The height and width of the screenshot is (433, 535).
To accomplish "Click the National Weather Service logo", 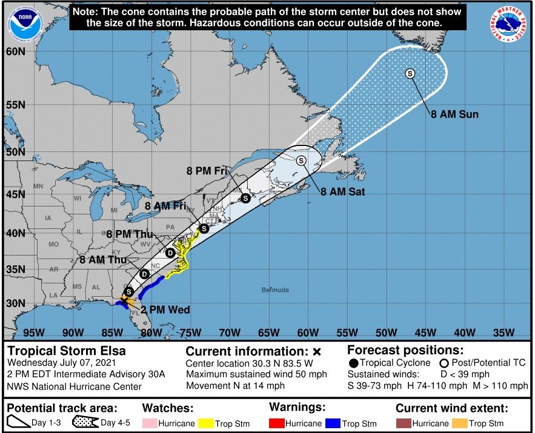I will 507,25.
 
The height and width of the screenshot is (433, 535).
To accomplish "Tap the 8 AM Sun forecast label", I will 454,114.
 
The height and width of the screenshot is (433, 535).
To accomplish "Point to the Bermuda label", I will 275,290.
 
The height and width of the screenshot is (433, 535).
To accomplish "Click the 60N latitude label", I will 16,51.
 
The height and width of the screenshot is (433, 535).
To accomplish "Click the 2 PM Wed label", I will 165,310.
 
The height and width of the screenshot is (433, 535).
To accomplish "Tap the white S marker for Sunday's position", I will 410,73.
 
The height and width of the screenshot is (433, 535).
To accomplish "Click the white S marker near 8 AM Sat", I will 301,160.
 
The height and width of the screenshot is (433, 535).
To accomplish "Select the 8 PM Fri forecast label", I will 207,171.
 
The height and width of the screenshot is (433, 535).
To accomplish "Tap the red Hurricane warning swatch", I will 276,423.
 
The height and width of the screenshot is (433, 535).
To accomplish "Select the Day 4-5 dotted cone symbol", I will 85,423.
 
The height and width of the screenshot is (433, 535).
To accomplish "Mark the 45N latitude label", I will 16,194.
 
